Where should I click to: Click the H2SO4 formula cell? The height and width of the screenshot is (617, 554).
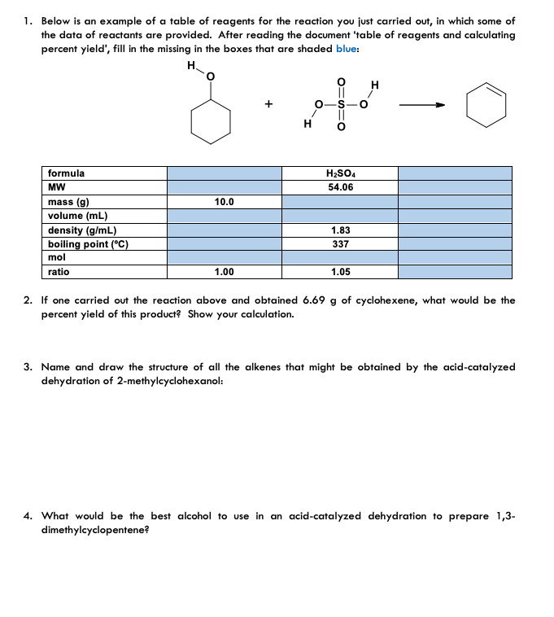[x=340, y=173]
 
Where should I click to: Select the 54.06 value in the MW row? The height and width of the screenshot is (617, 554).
[x=340, y=187]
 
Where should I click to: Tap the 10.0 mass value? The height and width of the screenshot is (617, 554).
[x=224, y=202]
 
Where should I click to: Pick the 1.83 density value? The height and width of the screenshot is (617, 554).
[x=340, y=230]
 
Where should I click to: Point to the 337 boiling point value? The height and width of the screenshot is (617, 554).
[x=340, y=244]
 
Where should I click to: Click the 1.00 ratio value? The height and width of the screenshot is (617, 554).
[x=224, y=273]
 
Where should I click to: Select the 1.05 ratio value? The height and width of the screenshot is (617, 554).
[x=340, y=273]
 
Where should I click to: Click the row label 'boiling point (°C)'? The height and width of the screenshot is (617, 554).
[x=88, y=244]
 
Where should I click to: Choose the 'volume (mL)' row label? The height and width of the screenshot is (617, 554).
[x=77, y=216]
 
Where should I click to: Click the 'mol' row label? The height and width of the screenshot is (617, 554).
[x=57, y=258]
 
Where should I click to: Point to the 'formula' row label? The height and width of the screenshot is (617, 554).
[x=66, y=173]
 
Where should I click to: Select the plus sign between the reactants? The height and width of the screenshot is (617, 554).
[x=267, y=104]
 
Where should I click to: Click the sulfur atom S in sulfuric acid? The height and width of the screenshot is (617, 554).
[x=342, y=104]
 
